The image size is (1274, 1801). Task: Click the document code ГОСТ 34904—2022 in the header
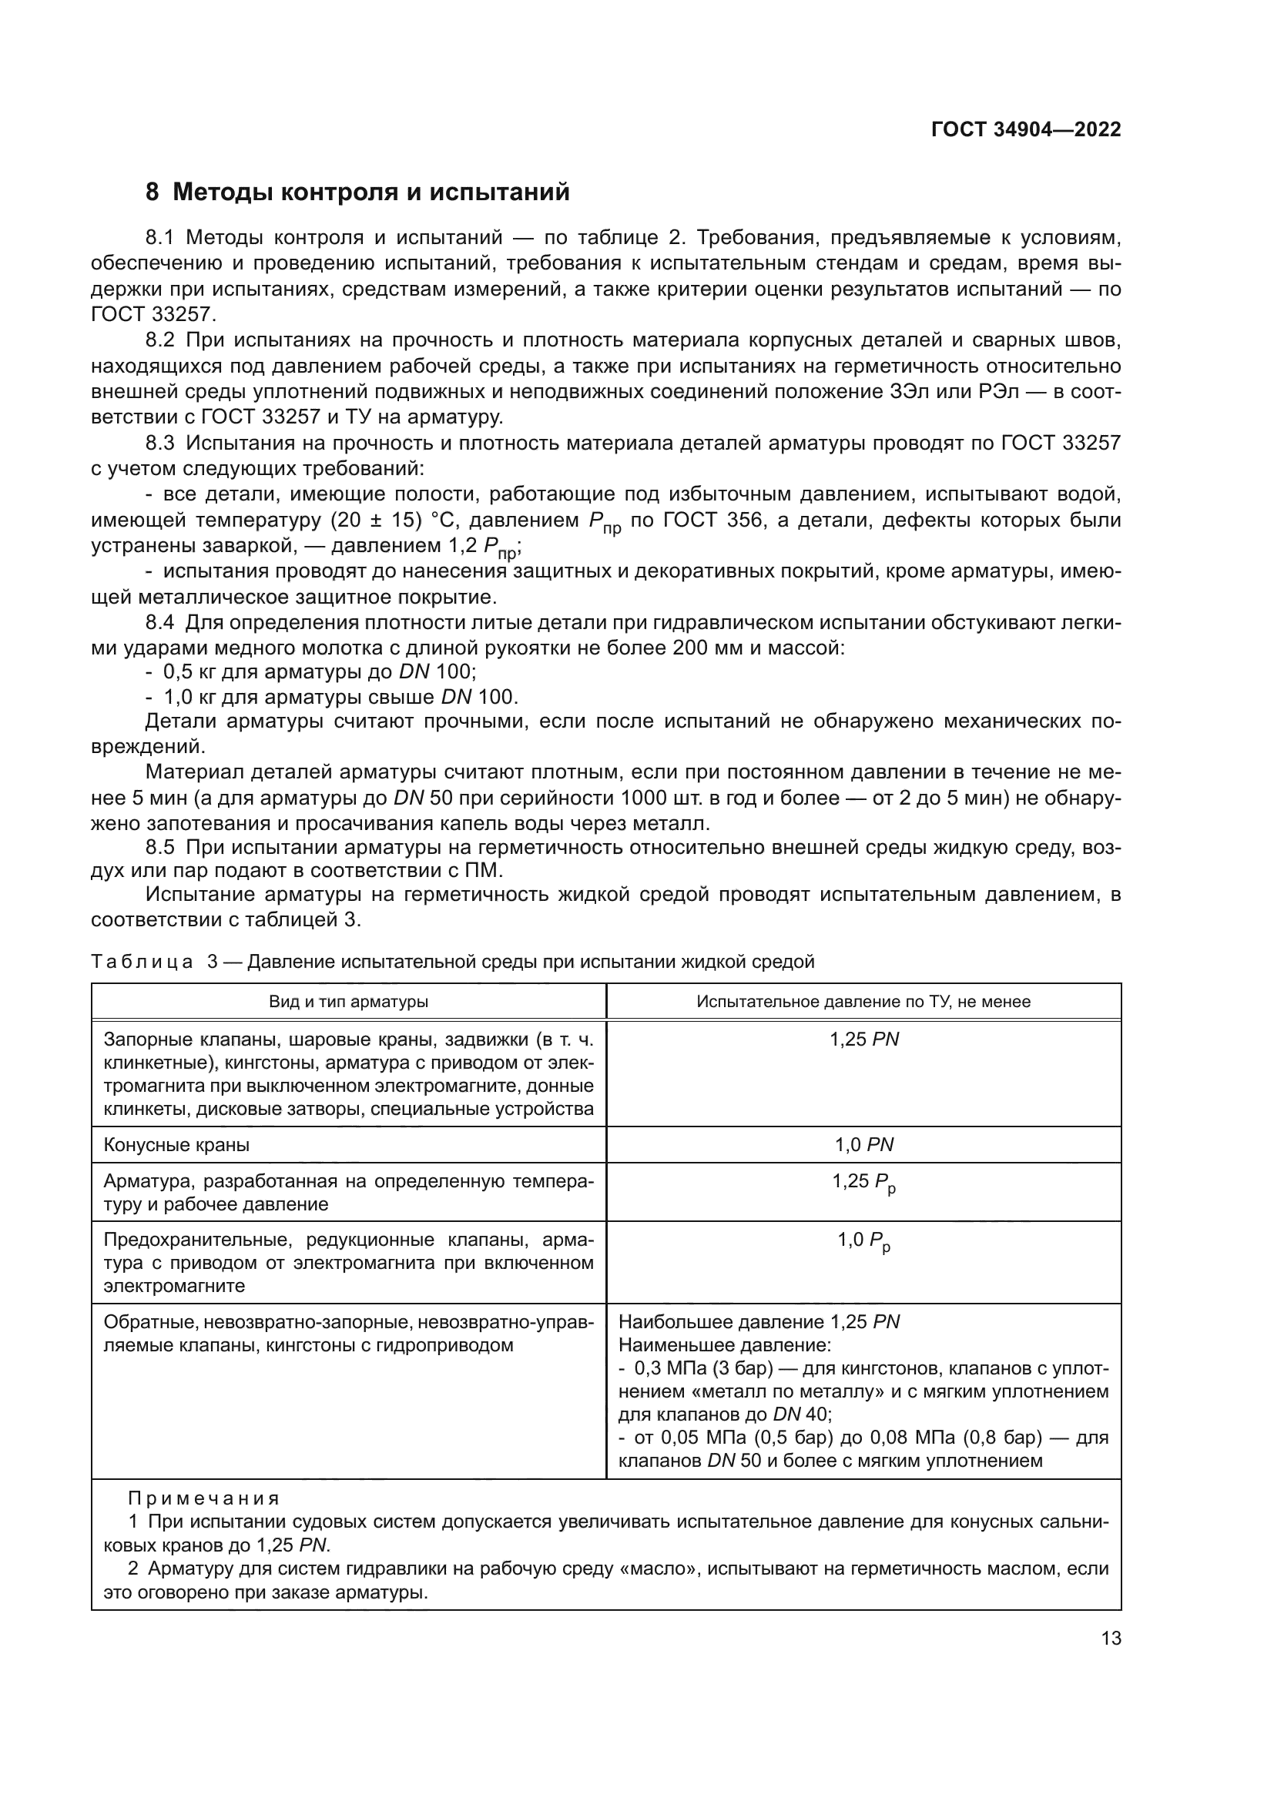point(1025,129)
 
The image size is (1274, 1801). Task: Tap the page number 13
point(1111,1638)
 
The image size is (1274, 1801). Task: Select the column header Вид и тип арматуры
point(348,1001)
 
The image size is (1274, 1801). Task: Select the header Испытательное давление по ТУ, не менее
point(863,1001)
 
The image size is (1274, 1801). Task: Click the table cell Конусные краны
point(176,1144)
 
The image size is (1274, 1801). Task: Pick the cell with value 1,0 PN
point(863,1144)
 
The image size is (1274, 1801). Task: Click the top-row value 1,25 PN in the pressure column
point(863,1039)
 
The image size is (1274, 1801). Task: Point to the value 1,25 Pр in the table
point(863,1182)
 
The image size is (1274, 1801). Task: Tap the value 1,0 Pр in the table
point(863,1240)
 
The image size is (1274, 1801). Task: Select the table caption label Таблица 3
point(154,962)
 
